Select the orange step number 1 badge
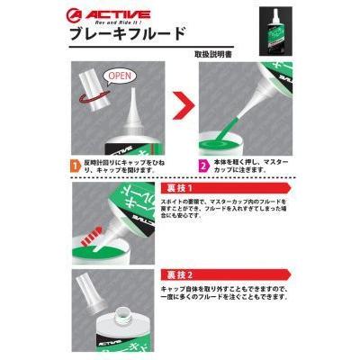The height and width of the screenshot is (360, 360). tap(76, 166)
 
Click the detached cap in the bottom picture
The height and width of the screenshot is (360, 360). tap(88, 297)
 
